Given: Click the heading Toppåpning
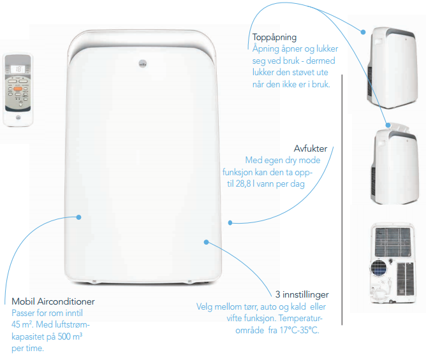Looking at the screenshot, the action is coord(274,37).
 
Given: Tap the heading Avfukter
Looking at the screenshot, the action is coord(311,148).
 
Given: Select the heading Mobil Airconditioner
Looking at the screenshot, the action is coord(54,301).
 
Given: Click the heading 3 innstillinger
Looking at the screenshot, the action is coord(302,294).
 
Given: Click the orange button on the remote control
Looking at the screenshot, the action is coord(18,89).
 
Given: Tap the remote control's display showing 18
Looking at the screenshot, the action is coord(18,69).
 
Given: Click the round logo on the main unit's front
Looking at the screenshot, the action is coord(143,64).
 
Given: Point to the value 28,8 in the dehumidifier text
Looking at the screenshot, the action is coord(243,184).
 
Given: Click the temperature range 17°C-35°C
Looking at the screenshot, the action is coord(299,330).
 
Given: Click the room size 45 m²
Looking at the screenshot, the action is coord(22,324).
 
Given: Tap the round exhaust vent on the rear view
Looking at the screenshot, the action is coord(379,267).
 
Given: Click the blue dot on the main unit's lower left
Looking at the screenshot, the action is coord(79,217).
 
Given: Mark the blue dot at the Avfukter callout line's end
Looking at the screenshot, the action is coord(230,223).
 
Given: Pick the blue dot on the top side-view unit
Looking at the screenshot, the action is coord(364,32).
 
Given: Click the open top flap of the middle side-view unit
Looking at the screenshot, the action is coord(399,127).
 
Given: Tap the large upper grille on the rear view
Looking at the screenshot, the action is coord(393,242).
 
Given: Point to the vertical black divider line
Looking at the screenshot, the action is coord(342,199).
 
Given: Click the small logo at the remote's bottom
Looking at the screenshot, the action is coord(18,117).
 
